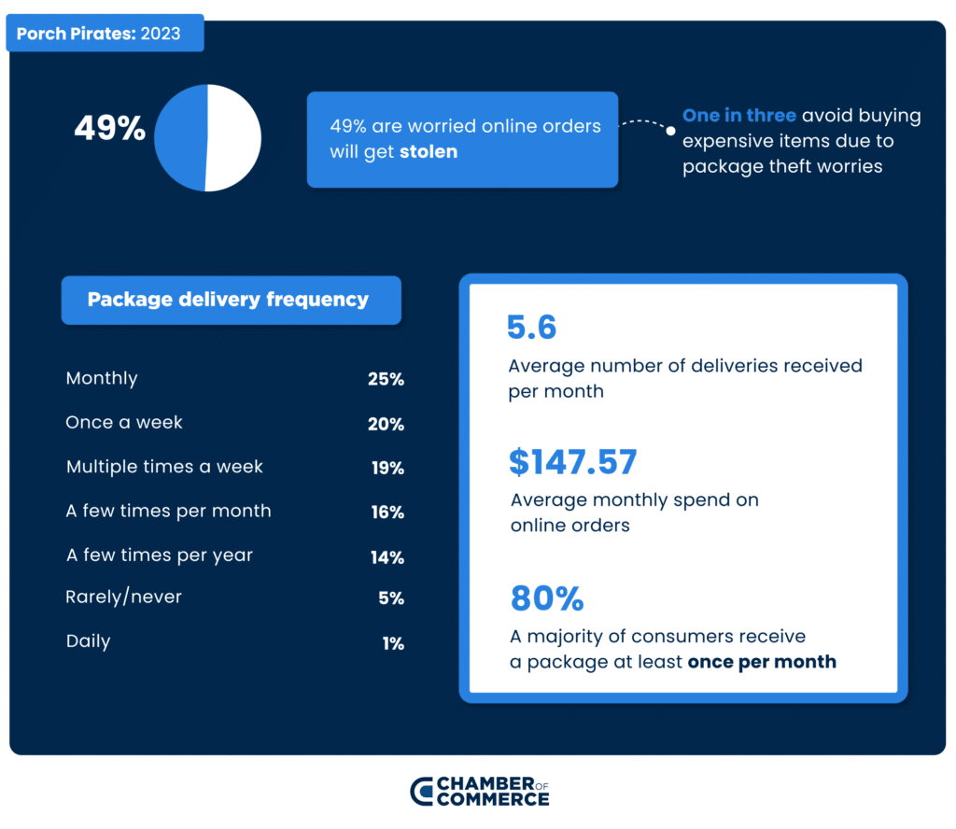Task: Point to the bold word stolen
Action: click(429, 152)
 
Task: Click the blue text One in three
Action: click(739, 116)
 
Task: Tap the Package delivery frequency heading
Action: click(229, 300)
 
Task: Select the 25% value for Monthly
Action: click(386, 380)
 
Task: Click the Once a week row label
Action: click(124, 423)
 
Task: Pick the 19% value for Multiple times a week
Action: click(387, 469)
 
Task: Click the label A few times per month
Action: click(169, 512)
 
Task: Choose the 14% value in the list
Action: click(387, 557)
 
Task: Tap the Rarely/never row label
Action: click(123, 597)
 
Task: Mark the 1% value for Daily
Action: click(392, 643)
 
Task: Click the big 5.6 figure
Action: click(531, 328)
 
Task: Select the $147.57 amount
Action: click(572, 462)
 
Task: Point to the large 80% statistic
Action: click(546, 598)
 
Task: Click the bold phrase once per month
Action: click(762, 663)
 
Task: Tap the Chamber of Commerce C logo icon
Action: click(422, 791)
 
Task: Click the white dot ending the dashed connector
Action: click(670, 131)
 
